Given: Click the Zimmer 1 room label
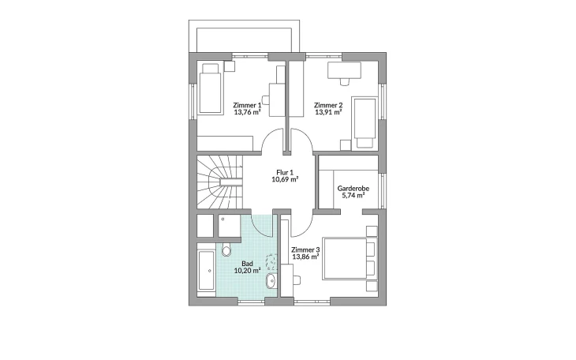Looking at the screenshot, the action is click(247, 105).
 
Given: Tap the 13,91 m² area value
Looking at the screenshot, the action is click(328, 112).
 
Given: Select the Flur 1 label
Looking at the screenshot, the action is click(285, 172).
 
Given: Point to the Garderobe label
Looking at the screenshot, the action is click(353, 188).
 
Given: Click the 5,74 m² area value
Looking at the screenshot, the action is click(353, 196).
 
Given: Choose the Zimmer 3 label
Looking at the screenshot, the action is click(305, 249).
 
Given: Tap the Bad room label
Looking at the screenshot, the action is click(247, 264).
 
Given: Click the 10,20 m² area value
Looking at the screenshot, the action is click(247, 271).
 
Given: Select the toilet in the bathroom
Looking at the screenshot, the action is click(226, 249).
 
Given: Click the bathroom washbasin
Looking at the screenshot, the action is click(272, 281).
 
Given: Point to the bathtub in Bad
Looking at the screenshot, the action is click(206, 271).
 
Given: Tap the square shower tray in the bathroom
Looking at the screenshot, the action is click(230, 226).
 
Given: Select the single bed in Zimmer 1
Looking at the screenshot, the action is click(211, 88).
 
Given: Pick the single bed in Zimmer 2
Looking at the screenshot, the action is click(364, 123).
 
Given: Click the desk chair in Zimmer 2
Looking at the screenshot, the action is click(345, 81).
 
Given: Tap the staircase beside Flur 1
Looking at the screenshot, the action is click(219, 182).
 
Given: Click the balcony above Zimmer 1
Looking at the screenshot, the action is click(244, 36).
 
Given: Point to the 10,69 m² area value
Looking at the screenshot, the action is click(285, 179).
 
